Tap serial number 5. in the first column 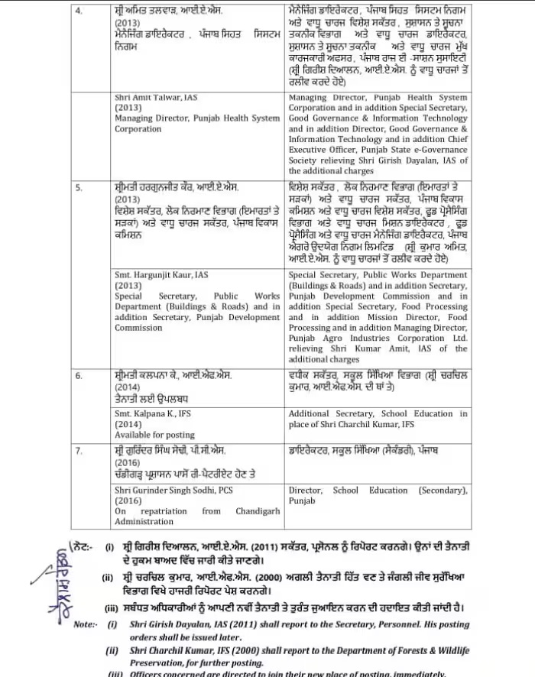[77, 186]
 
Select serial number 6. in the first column [77, 376]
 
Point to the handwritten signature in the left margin [54, 565]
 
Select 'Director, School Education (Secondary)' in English [378, 491]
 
